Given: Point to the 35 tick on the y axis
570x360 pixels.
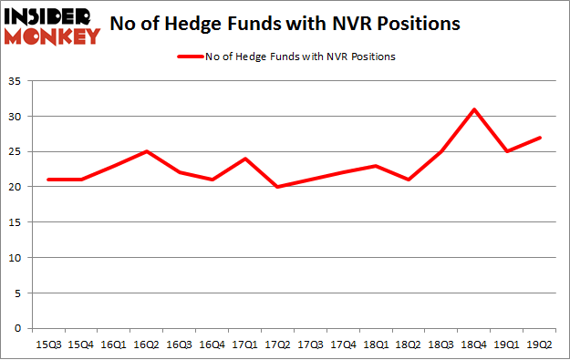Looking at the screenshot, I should [x=18, y=82].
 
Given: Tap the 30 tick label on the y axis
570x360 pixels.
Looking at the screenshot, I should [x=18, y=118].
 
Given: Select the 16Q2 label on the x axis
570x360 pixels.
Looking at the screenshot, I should [x=147, y=344].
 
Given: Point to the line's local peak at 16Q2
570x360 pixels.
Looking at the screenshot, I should [x=147, y=151].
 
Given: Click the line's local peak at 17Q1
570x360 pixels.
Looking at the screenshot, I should [x=246, y=159].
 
